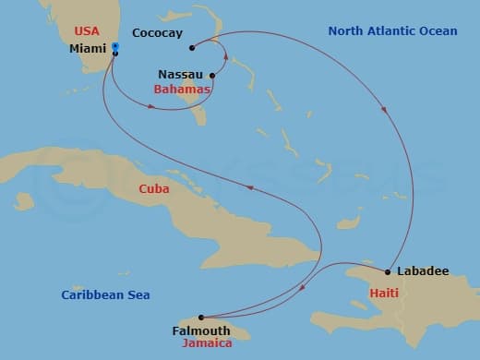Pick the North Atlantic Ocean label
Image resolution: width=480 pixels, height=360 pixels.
click(x=392, y=31)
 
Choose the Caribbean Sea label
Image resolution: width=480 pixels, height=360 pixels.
click(x=105, y=295)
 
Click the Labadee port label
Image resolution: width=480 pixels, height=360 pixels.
click(x=422, y=271)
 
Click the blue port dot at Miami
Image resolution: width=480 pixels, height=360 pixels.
click(x=114, y=46)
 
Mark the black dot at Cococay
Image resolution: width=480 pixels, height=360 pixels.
click(x=191, y=48)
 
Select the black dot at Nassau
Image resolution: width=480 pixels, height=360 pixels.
click(x=212, y=76)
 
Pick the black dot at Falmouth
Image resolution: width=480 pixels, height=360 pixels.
click(x=200, y=317)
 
